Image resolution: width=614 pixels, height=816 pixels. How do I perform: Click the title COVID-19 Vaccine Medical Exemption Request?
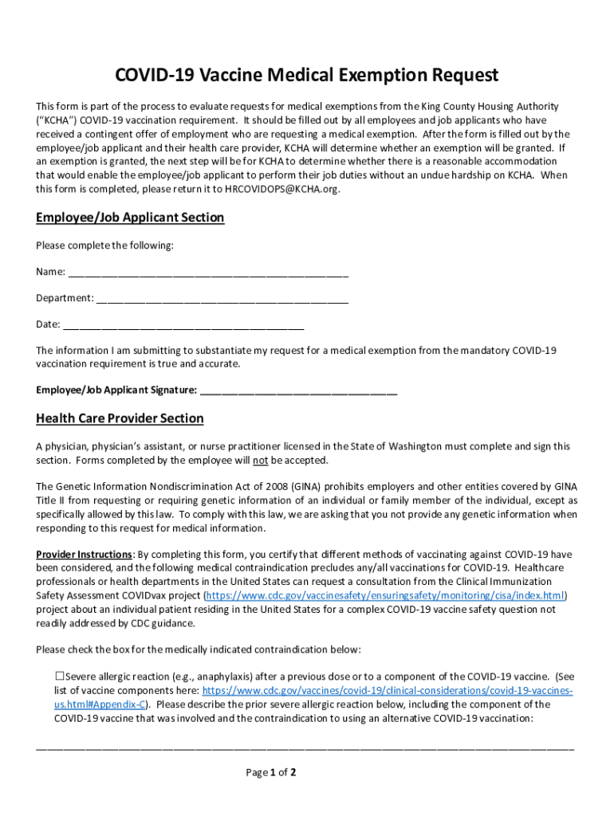click(x=307, y=75)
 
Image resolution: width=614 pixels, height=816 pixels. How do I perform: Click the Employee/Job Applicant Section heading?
click(x=130, y=218)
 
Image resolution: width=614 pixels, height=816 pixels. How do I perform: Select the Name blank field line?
click(x=208, y=273)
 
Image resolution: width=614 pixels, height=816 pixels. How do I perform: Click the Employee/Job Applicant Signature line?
click(x=298, y=391)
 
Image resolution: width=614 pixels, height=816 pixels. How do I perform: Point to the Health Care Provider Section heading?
click(x=120, y=418)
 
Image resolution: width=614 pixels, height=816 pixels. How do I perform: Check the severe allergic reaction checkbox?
click(x=59, y=676)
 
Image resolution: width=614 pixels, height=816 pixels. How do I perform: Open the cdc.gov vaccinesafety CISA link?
click(x=386, y=595)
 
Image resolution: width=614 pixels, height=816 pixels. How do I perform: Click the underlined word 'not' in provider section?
click(x=260, y=461)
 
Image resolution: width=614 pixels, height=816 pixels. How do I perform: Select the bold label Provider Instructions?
click(x=84, y=554)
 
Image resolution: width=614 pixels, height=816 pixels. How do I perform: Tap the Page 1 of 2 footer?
click(x=271, y=772)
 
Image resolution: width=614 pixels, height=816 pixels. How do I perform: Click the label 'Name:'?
click(x=50, y=272)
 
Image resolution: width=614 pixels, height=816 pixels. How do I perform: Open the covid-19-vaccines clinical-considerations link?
click(x=388, y=690)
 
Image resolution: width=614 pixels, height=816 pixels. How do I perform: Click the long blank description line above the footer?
click(x=305, y=747)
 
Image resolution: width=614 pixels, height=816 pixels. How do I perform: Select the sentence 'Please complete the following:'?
click(x=104, y=245)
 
